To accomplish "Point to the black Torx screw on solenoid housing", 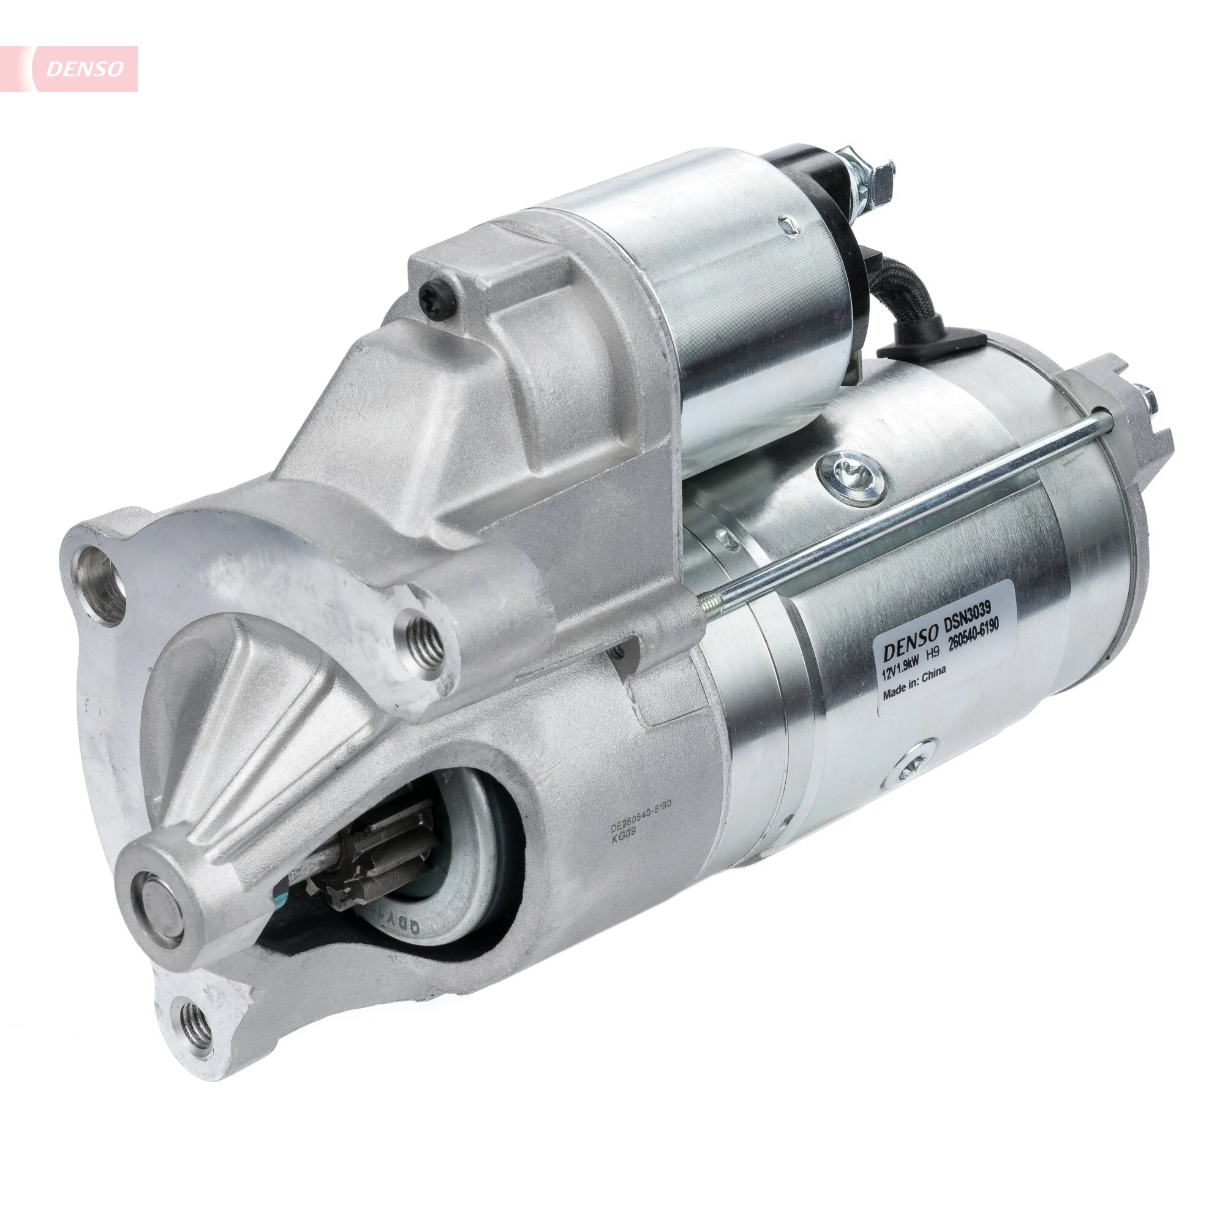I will (436, 298).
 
